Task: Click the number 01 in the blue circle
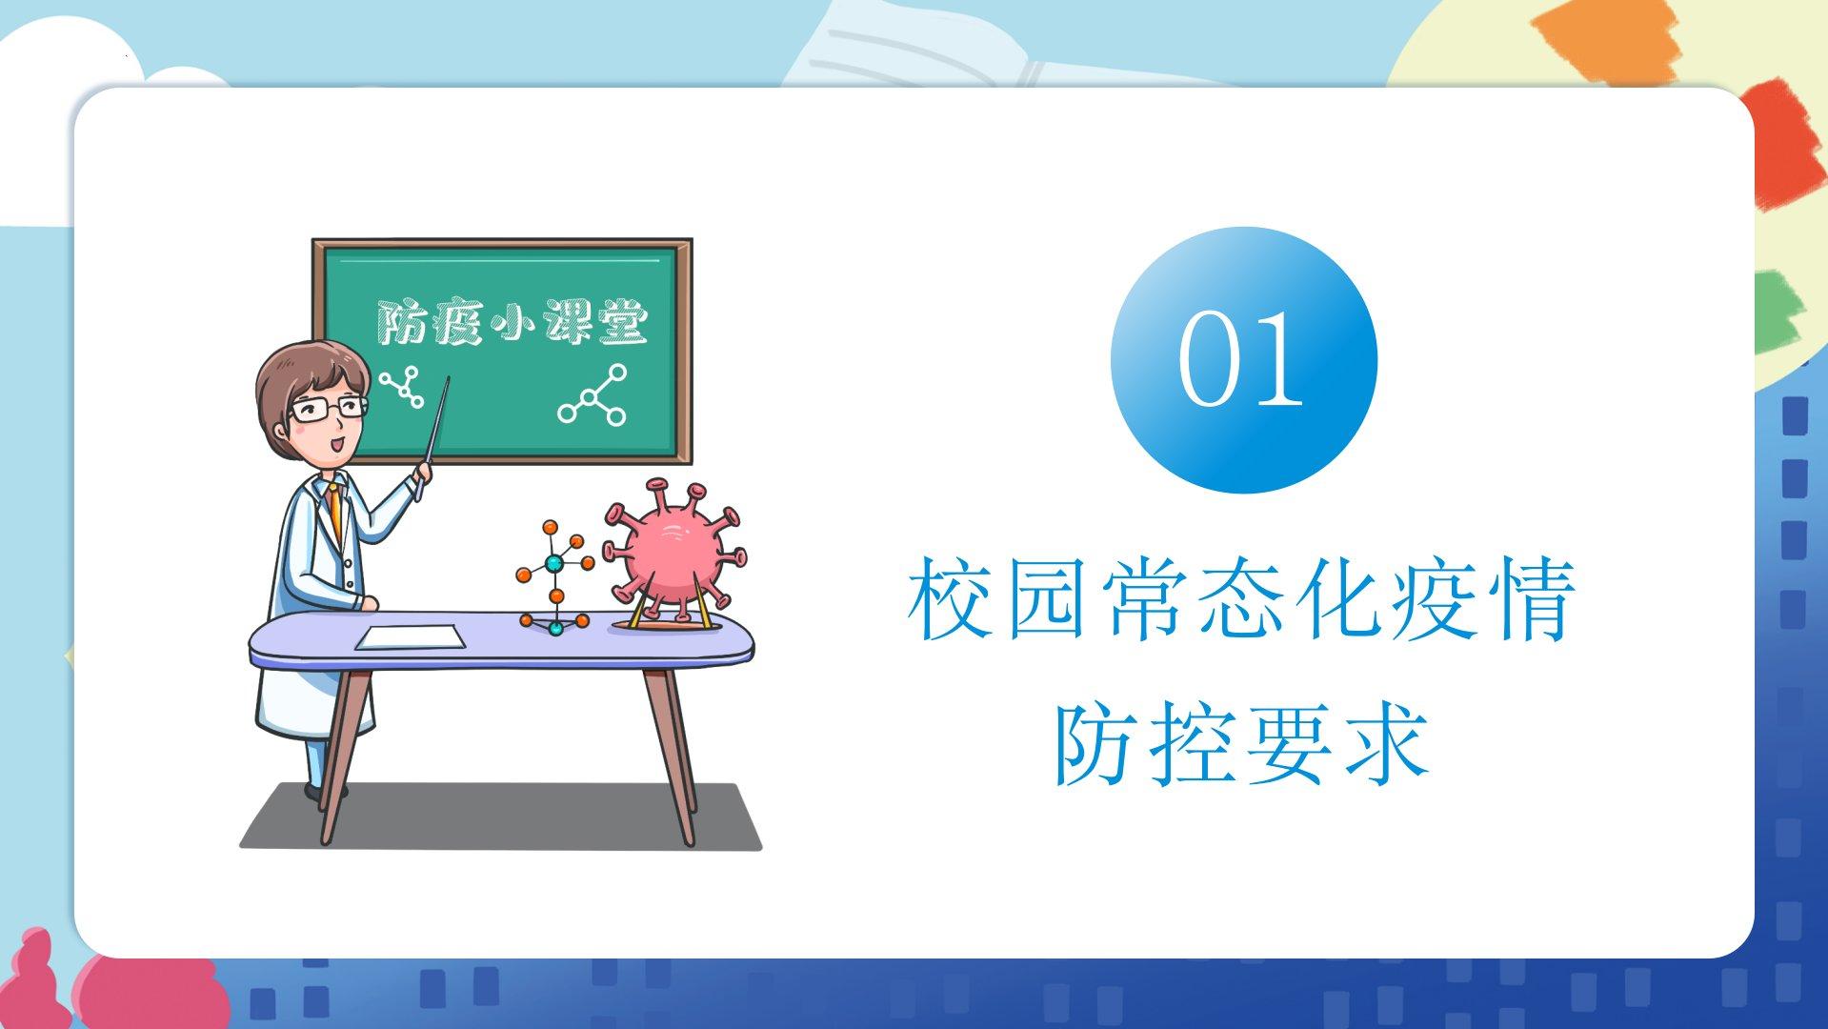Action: pos(1241,359)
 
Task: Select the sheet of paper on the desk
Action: pos(411,637)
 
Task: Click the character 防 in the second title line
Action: pos(1094,745)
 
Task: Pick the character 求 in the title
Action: pos(1387,745)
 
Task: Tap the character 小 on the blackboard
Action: pos(512,323)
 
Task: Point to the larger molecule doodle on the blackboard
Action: pos(593,394)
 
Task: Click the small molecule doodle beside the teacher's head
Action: pos(401,386)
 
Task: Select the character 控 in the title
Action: pos(1191,745)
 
